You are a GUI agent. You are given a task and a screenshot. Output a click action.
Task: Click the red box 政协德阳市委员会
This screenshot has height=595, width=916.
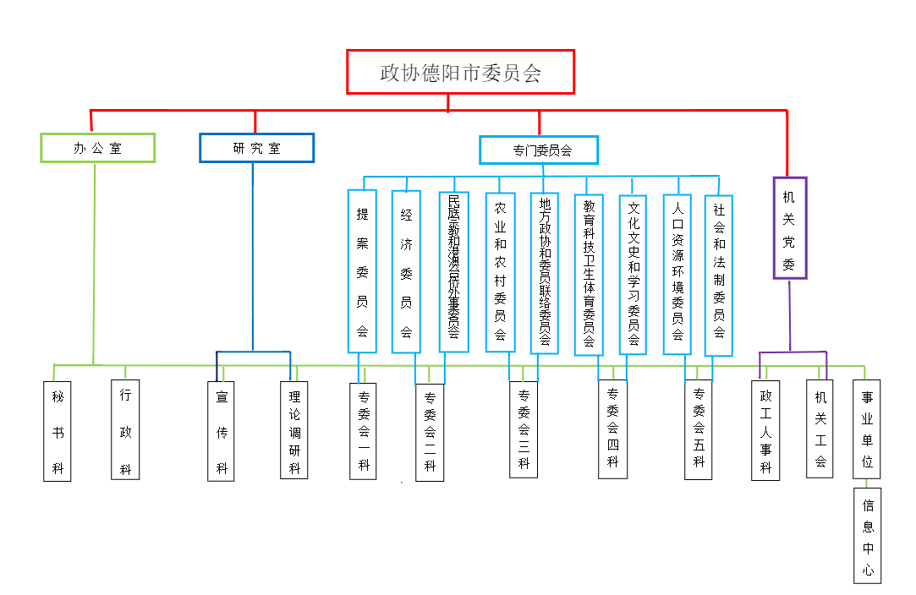460,72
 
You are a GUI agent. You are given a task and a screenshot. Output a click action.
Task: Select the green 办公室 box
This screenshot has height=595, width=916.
98,148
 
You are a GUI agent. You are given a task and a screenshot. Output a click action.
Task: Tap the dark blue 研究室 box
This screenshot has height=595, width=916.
256,148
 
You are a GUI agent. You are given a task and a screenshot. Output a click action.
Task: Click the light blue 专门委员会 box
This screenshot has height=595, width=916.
539,150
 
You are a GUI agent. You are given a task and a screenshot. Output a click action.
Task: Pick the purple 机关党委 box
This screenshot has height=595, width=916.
789,227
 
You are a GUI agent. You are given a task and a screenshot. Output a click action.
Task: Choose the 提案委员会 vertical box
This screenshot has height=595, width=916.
362,270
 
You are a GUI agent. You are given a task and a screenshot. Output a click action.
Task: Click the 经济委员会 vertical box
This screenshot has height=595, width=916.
406,270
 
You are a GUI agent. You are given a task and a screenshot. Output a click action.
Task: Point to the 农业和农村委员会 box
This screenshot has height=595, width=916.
500,272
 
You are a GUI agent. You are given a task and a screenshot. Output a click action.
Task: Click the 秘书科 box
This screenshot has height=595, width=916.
58,431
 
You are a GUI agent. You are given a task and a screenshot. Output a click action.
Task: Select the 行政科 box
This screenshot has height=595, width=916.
125,430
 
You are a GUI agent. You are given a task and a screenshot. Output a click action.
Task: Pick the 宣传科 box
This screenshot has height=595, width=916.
222,431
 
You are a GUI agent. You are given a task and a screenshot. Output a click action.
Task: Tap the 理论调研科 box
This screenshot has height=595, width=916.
294,429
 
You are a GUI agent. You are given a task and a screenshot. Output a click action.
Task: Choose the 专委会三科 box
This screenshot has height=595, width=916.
524,429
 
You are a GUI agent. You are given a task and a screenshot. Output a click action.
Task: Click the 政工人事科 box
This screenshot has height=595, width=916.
765,430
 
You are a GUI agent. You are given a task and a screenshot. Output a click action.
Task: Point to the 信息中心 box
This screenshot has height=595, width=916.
867,535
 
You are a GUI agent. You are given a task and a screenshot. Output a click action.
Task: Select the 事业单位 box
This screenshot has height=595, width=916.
867,429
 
